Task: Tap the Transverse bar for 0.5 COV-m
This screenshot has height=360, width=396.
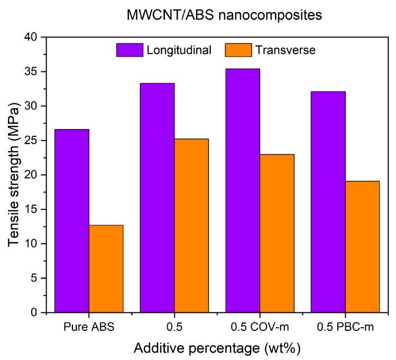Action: (x=277, y=233)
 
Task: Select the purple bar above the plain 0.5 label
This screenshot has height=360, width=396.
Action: (x=157, y=198)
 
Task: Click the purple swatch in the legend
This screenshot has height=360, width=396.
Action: (x=130, y=50)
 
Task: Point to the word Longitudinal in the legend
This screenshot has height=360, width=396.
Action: (x=180, y=50)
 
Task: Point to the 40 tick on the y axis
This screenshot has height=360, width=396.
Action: (x=33, y=38)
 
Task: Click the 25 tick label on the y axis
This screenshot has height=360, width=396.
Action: (x=33, y=141)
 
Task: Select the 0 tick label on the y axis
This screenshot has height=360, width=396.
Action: (x=36, y=312)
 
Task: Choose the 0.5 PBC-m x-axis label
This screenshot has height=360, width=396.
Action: (x=345, y=328)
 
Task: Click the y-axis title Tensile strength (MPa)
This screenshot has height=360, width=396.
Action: (x=14, y=174)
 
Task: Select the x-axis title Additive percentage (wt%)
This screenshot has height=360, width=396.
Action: (x=217, y=349)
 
